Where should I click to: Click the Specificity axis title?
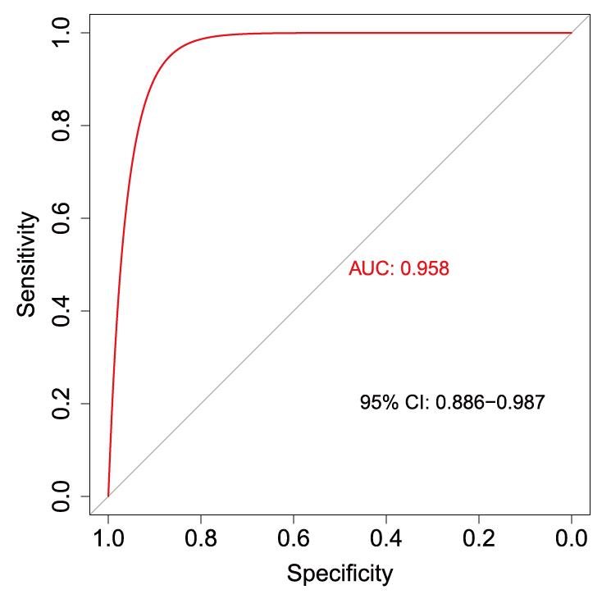pyautogui.click(x=340, y=573)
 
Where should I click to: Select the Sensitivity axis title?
pyautogui.click(x=28, y=264)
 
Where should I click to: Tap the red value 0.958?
pyautogui.click(x=424, y=268)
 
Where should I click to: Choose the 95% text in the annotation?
pyautogui.click(x=378, y=403)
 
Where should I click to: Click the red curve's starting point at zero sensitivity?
pyautogui.click(x=108, y=496)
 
